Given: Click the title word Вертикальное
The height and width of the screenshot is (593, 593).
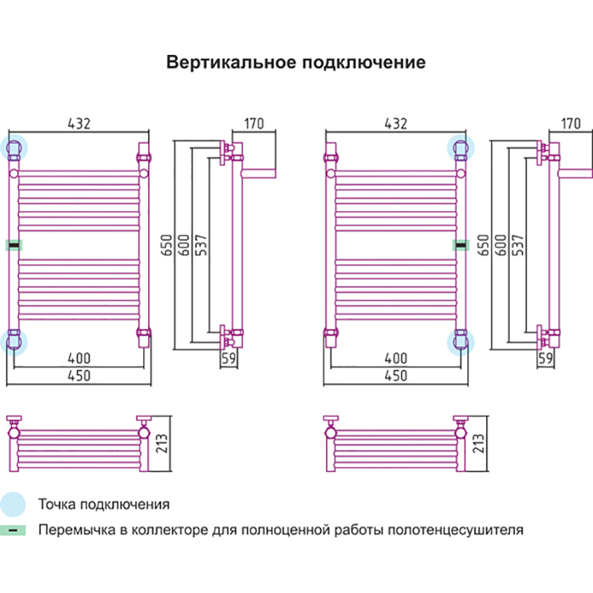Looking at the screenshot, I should click(229, 62).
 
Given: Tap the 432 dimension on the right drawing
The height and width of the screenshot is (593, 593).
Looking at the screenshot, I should click(396, 124).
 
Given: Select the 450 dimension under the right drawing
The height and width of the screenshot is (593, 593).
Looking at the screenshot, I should click(396, 376).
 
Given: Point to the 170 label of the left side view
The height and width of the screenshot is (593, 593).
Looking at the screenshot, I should click(254, 124).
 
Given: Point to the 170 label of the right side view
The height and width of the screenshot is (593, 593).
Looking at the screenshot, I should click(571, 124).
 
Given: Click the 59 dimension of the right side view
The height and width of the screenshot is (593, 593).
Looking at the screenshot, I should click(546, 359).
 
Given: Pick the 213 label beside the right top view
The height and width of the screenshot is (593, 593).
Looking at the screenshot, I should click(479, 444).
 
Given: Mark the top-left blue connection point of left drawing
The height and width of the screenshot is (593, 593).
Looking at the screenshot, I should click(14, 148).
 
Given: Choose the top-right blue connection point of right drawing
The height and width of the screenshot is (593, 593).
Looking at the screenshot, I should click(460, 148).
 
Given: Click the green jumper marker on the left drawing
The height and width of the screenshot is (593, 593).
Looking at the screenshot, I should click(13, 244).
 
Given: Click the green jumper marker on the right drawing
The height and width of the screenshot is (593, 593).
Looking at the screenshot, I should click(460, 244).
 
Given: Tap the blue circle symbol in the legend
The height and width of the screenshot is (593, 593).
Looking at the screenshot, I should click(13, 505).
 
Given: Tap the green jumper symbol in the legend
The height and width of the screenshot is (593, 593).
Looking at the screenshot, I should click(13, 531).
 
